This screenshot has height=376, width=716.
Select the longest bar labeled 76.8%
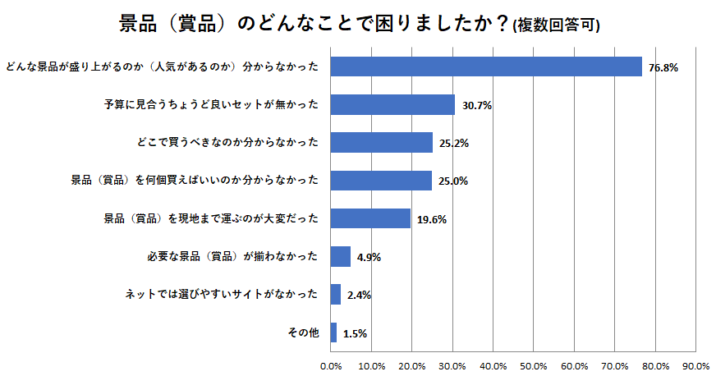[x=485, y=66]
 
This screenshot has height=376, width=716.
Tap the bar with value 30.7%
[x=392, y=104]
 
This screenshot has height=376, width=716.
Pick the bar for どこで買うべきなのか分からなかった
[x=381, y=142]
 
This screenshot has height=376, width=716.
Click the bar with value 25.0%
[x=381, y=180]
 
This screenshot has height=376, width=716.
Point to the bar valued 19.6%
[x=370, y=218]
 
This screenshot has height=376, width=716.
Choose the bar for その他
[x=333, y=332]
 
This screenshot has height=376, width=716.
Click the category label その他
[x=302, y=332]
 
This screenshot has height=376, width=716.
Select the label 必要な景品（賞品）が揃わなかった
[x=231, y=256]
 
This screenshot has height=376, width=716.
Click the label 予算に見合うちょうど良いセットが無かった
[x=210, y=104]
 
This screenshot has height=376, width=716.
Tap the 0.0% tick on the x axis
[x=331, y=365]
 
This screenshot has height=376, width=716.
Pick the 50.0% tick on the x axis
[x=534, y=365]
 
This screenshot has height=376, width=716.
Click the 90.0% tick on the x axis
[x=695, y=365]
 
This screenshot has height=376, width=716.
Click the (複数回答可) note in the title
[x=556, y=26]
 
